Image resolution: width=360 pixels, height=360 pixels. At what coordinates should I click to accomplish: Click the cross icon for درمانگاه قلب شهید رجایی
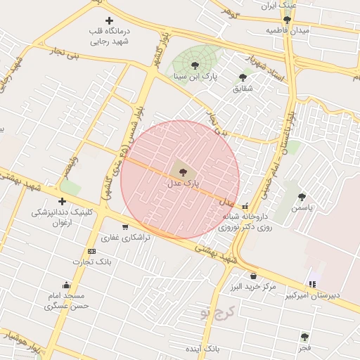tap(108, 20)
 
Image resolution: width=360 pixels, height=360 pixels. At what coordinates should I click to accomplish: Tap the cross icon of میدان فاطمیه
tap(287, 20)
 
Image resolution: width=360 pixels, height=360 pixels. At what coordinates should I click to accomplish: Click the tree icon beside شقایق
tap(243, 77)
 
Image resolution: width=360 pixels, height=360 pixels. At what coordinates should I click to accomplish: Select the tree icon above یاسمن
tap(302, 197)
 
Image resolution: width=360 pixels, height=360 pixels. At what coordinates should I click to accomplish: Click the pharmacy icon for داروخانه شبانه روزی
tap(245, 206)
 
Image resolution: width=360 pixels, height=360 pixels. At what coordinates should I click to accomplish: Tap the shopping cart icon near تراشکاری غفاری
tap(125, 227)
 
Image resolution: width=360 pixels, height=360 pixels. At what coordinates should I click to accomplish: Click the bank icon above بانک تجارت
tap(91, 251)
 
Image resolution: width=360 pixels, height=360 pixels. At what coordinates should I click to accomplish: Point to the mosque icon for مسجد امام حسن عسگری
tap(66, 285)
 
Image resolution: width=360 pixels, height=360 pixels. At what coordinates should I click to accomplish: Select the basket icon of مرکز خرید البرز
tap(253, 276)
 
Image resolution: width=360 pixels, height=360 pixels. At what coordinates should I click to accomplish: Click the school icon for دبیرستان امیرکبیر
tap(312, 284)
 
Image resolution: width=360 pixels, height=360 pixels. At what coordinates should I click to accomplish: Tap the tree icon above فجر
tap(304, 337)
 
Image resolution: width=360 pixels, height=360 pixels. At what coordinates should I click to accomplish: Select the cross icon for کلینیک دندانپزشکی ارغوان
tap(63, 201)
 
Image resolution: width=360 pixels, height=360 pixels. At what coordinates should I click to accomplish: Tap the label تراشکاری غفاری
tap(127, 238)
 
